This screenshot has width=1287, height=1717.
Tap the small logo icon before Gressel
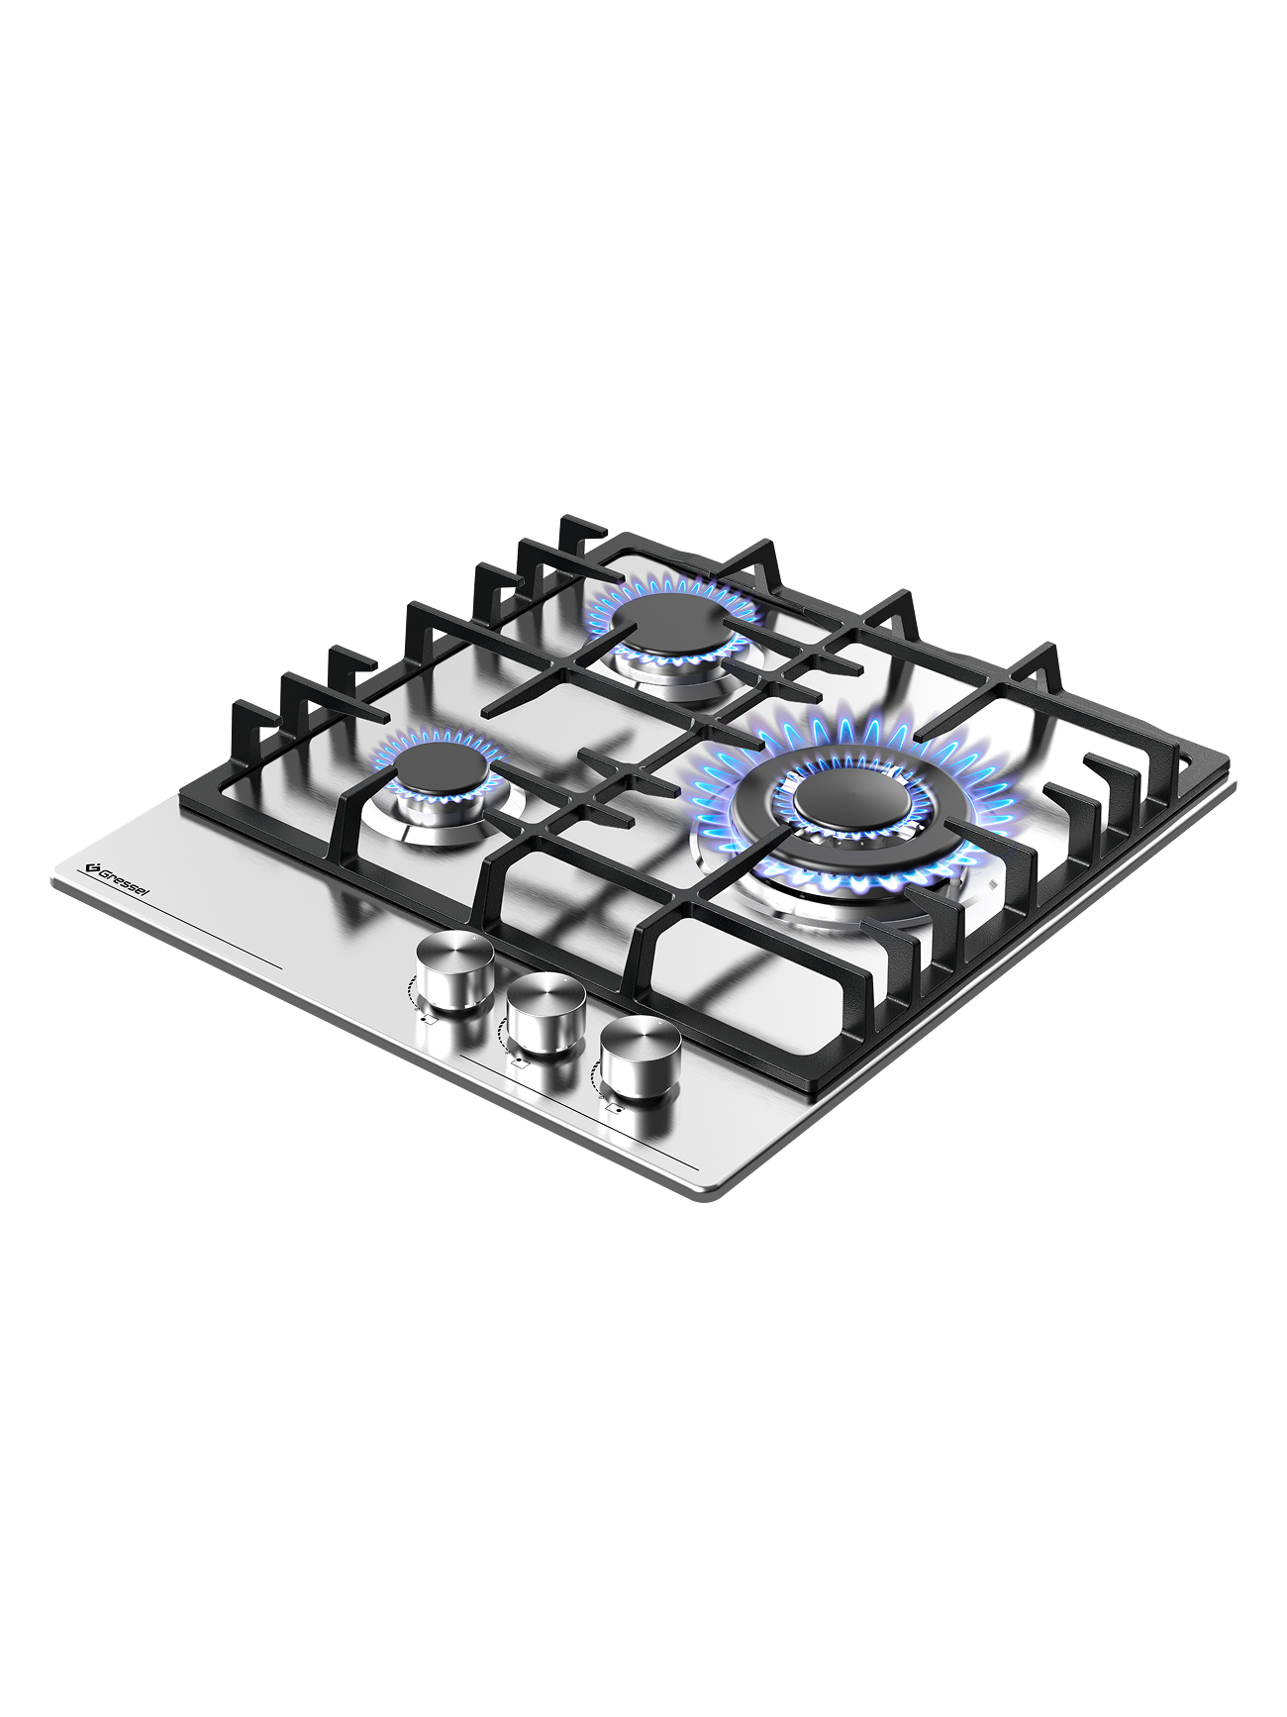(x=87, y=867)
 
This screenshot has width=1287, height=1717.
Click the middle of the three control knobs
(x=545, y=1013)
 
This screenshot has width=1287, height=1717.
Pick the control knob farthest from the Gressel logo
(x=640, y=1058)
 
